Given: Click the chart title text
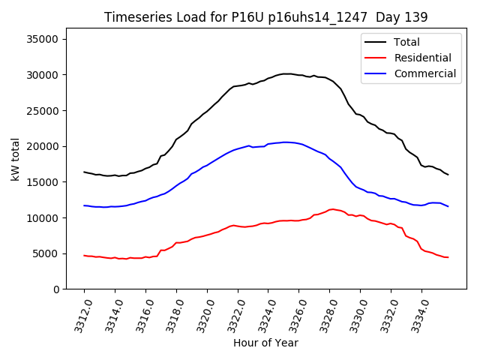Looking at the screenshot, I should coord(265,16).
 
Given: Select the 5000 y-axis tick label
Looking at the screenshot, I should coord(52,253).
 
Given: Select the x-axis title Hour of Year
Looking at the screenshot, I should coord(265,343).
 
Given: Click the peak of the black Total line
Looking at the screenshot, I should coord(287,73).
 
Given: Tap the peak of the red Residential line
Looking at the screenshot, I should coord(331,209).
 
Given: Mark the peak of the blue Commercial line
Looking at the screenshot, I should coord(285,142).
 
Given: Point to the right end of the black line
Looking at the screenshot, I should coord(448,175).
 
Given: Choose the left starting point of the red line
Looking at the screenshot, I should coord(84,255).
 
